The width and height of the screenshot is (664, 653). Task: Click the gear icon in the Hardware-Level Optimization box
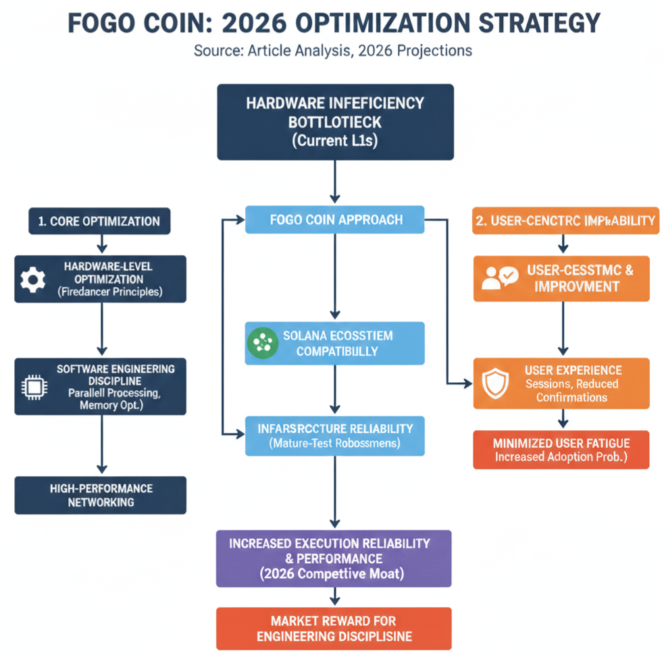32,280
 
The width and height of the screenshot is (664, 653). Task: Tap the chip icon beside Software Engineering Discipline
32,386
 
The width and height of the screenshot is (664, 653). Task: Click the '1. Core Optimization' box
99,221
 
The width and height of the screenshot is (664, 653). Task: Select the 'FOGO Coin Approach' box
334,219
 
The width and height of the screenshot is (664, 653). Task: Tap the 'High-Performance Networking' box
100,495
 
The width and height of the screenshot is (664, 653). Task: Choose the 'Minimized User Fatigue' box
561,450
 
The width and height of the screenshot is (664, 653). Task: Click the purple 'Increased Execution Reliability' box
334,558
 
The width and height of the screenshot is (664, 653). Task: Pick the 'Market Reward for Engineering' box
334,628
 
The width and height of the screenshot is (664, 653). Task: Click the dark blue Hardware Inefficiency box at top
335,122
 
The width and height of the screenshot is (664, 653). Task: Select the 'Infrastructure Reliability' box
334,436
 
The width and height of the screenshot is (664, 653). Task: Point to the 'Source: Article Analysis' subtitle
332,51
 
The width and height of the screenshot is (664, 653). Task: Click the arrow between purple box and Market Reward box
334,596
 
